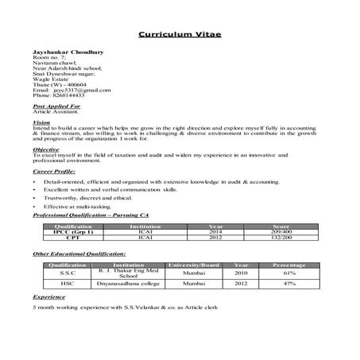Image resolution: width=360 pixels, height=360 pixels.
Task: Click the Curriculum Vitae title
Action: (x=180, y=35)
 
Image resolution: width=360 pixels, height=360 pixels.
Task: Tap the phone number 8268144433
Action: (x=68, y=98)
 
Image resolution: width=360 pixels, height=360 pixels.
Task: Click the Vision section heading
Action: (x=41, y=122)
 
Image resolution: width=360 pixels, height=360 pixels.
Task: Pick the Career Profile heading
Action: (x=54, y=171)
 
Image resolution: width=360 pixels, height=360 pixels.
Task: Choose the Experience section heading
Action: (x=48, y=296)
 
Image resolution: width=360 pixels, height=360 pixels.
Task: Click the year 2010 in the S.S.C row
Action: (x=241, y=272)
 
